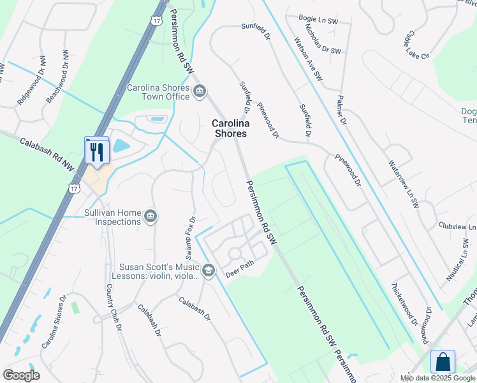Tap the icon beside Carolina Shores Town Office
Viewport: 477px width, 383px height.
pyautogui.click(x=199, y=92)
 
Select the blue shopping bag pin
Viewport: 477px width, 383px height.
pyautogui.click(x=443, y=362)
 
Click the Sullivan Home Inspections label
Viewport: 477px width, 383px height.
pyautogui.click(x=112, y=217)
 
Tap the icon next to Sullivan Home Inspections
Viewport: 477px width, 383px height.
pyautogui.click(x=150, y=217)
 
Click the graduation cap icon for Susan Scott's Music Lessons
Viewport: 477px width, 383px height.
pyautogui.click(x=208, y=272)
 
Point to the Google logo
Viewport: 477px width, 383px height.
pyautogui.click(x=21, y=375)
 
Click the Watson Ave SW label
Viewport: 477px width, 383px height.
pyautogui.click(x=309, y=58)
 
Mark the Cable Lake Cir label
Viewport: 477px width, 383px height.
pyautogui.click(x=416, y=44)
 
